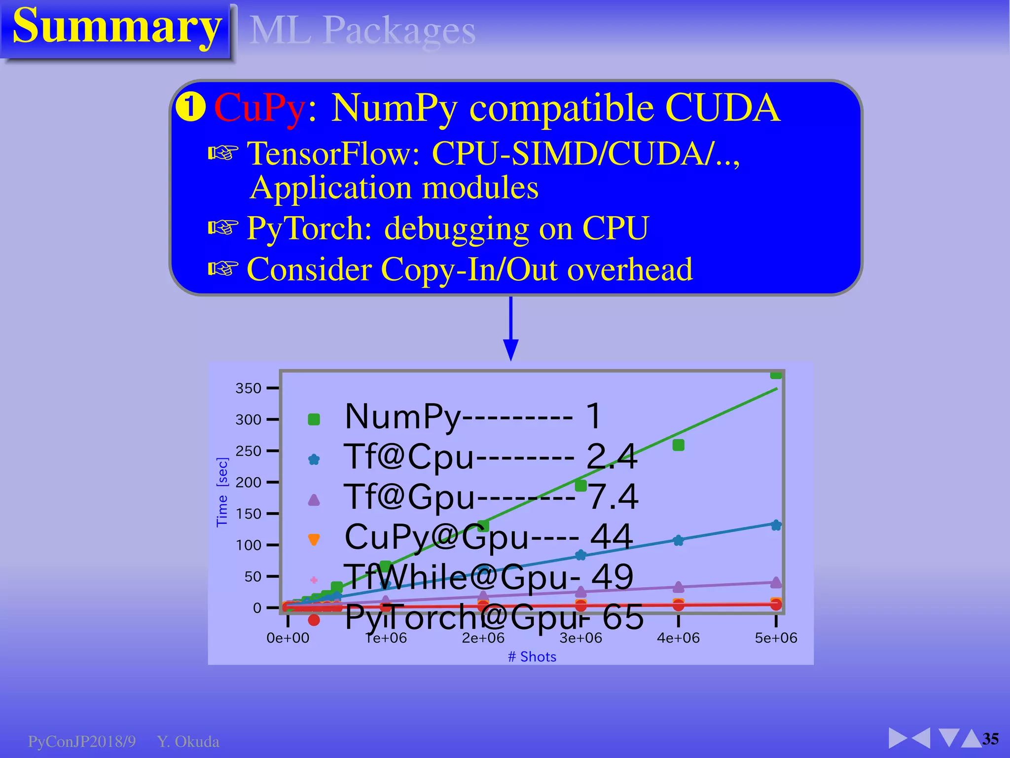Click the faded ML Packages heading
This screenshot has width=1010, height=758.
point(362,31)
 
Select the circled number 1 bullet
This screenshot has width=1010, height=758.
point(190,108)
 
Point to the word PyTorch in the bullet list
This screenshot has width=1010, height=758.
point(309,228)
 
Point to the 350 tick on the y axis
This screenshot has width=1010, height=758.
point(248,388)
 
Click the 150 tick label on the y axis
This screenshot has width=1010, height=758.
point(248,514)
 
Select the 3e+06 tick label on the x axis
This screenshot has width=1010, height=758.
point(580,638)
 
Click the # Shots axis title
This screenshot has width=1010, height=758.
point(532,657)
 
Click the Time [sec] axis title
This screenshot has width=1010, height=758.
point(222,493)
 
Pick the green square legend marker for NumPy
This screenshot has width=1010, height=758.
point(314,419)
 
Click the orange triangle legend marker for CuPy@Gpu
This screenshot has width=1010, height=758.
point(314,539)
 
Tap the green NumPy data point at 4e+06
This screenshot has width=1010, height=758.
point(678,445)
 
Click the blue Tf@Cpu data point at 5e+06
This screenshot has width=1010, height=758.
point(776,525)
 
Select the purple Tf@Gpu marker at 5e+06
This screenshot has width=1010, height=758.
point(776,582)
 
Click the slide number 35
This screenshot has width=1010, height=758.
point(990,739)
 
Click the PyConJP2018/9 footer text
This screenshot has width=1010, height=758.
point(82,742)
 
